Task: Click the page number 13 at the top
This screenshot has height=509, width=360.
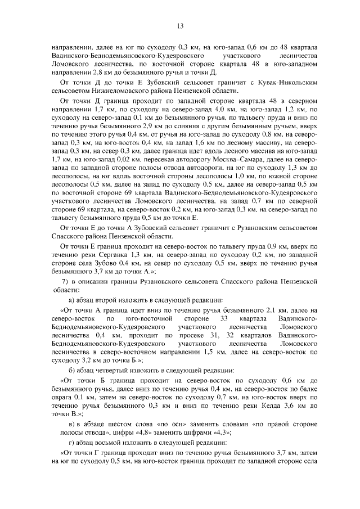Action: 180,25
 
